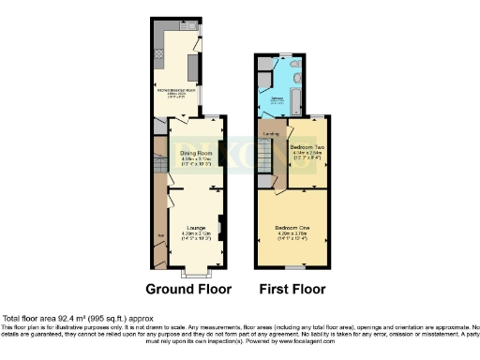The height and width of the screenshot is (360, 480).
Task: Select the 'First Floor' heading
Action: pyautogui.click(x=295, y=289)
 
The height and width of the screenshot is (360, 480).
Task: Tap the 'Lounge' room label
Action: pyautogui.click(x=196, y=227)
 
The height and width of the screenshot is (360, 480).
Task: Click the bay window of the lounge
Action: pyautogui.click(x=195, y=274)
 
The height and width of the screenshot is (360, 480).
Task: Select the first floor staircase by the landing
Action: pyautogui.click(x=266, y=169)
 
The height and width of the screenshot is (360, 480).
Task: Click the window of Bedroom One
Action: pyautogui.click(x=294, y=267)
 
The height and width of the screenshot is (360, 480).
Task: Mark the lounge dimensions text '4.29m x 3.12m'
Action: pyautogui.click(x=196, y=232)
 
